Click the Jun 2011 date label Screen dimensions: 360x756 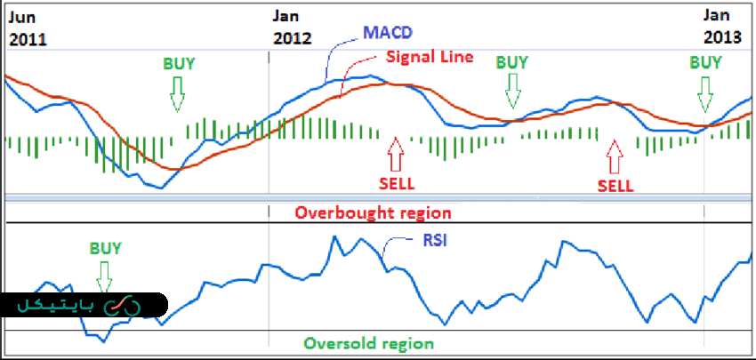pos(27,27)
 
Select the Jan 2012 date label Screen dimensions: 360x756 pos(293,27)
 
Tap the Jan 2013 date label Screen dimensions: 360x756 pos(721,27)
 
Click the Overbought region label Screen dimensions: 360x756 pos(373,213)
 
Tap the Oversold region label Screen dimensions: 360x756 pos(368,343)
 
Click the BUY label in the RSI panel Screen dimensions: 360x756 pos(106,249)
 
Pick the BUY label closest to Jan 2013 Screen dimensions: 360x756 pos(706,62)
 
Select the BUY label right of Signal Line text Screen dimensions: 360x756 pos(511,62)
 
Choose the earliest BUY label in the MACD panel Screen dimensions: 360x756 pos(178,64)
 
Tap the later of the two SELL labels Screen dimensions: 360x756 pos(615,186)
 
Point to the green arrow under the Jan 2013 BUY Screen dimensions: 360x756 pos(706,91)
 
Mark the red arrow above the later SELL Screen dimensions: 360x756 pos(614,156)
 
